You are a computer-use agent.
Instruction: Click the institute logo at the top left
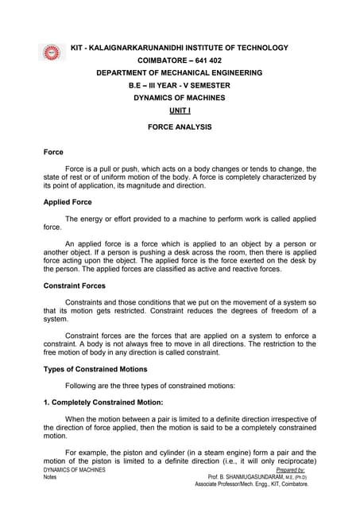coord(52,53)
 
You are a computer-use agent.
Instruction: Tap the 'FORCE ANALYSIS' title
coord(179,126)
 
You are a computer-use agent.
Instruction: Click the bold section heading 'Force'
coord(53,151)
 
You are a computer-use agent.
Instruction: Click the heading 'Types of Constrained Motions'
coord(95,368)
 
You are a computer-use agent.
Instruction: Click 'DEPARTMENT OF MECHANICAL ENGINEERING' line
coord(179,72)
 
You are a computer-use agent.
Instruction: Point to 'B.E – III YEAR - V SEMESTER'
coord(179,85)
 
